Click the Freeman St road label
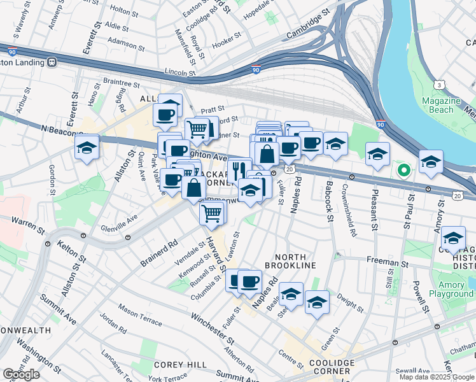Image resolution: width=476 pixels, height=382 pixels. click(x=387, y=262)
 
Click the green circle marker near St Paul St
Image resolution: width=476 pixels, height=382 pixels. click(x=402, y=170)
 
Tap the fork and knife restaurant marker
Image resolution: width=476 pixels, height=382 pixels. click(x=239, y=169)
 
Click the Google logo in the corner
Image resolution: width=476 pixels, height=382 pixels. click(x=20, y=374)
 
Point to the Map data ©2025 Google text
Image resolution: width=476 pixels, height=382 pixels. click(x=437, y=377)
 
